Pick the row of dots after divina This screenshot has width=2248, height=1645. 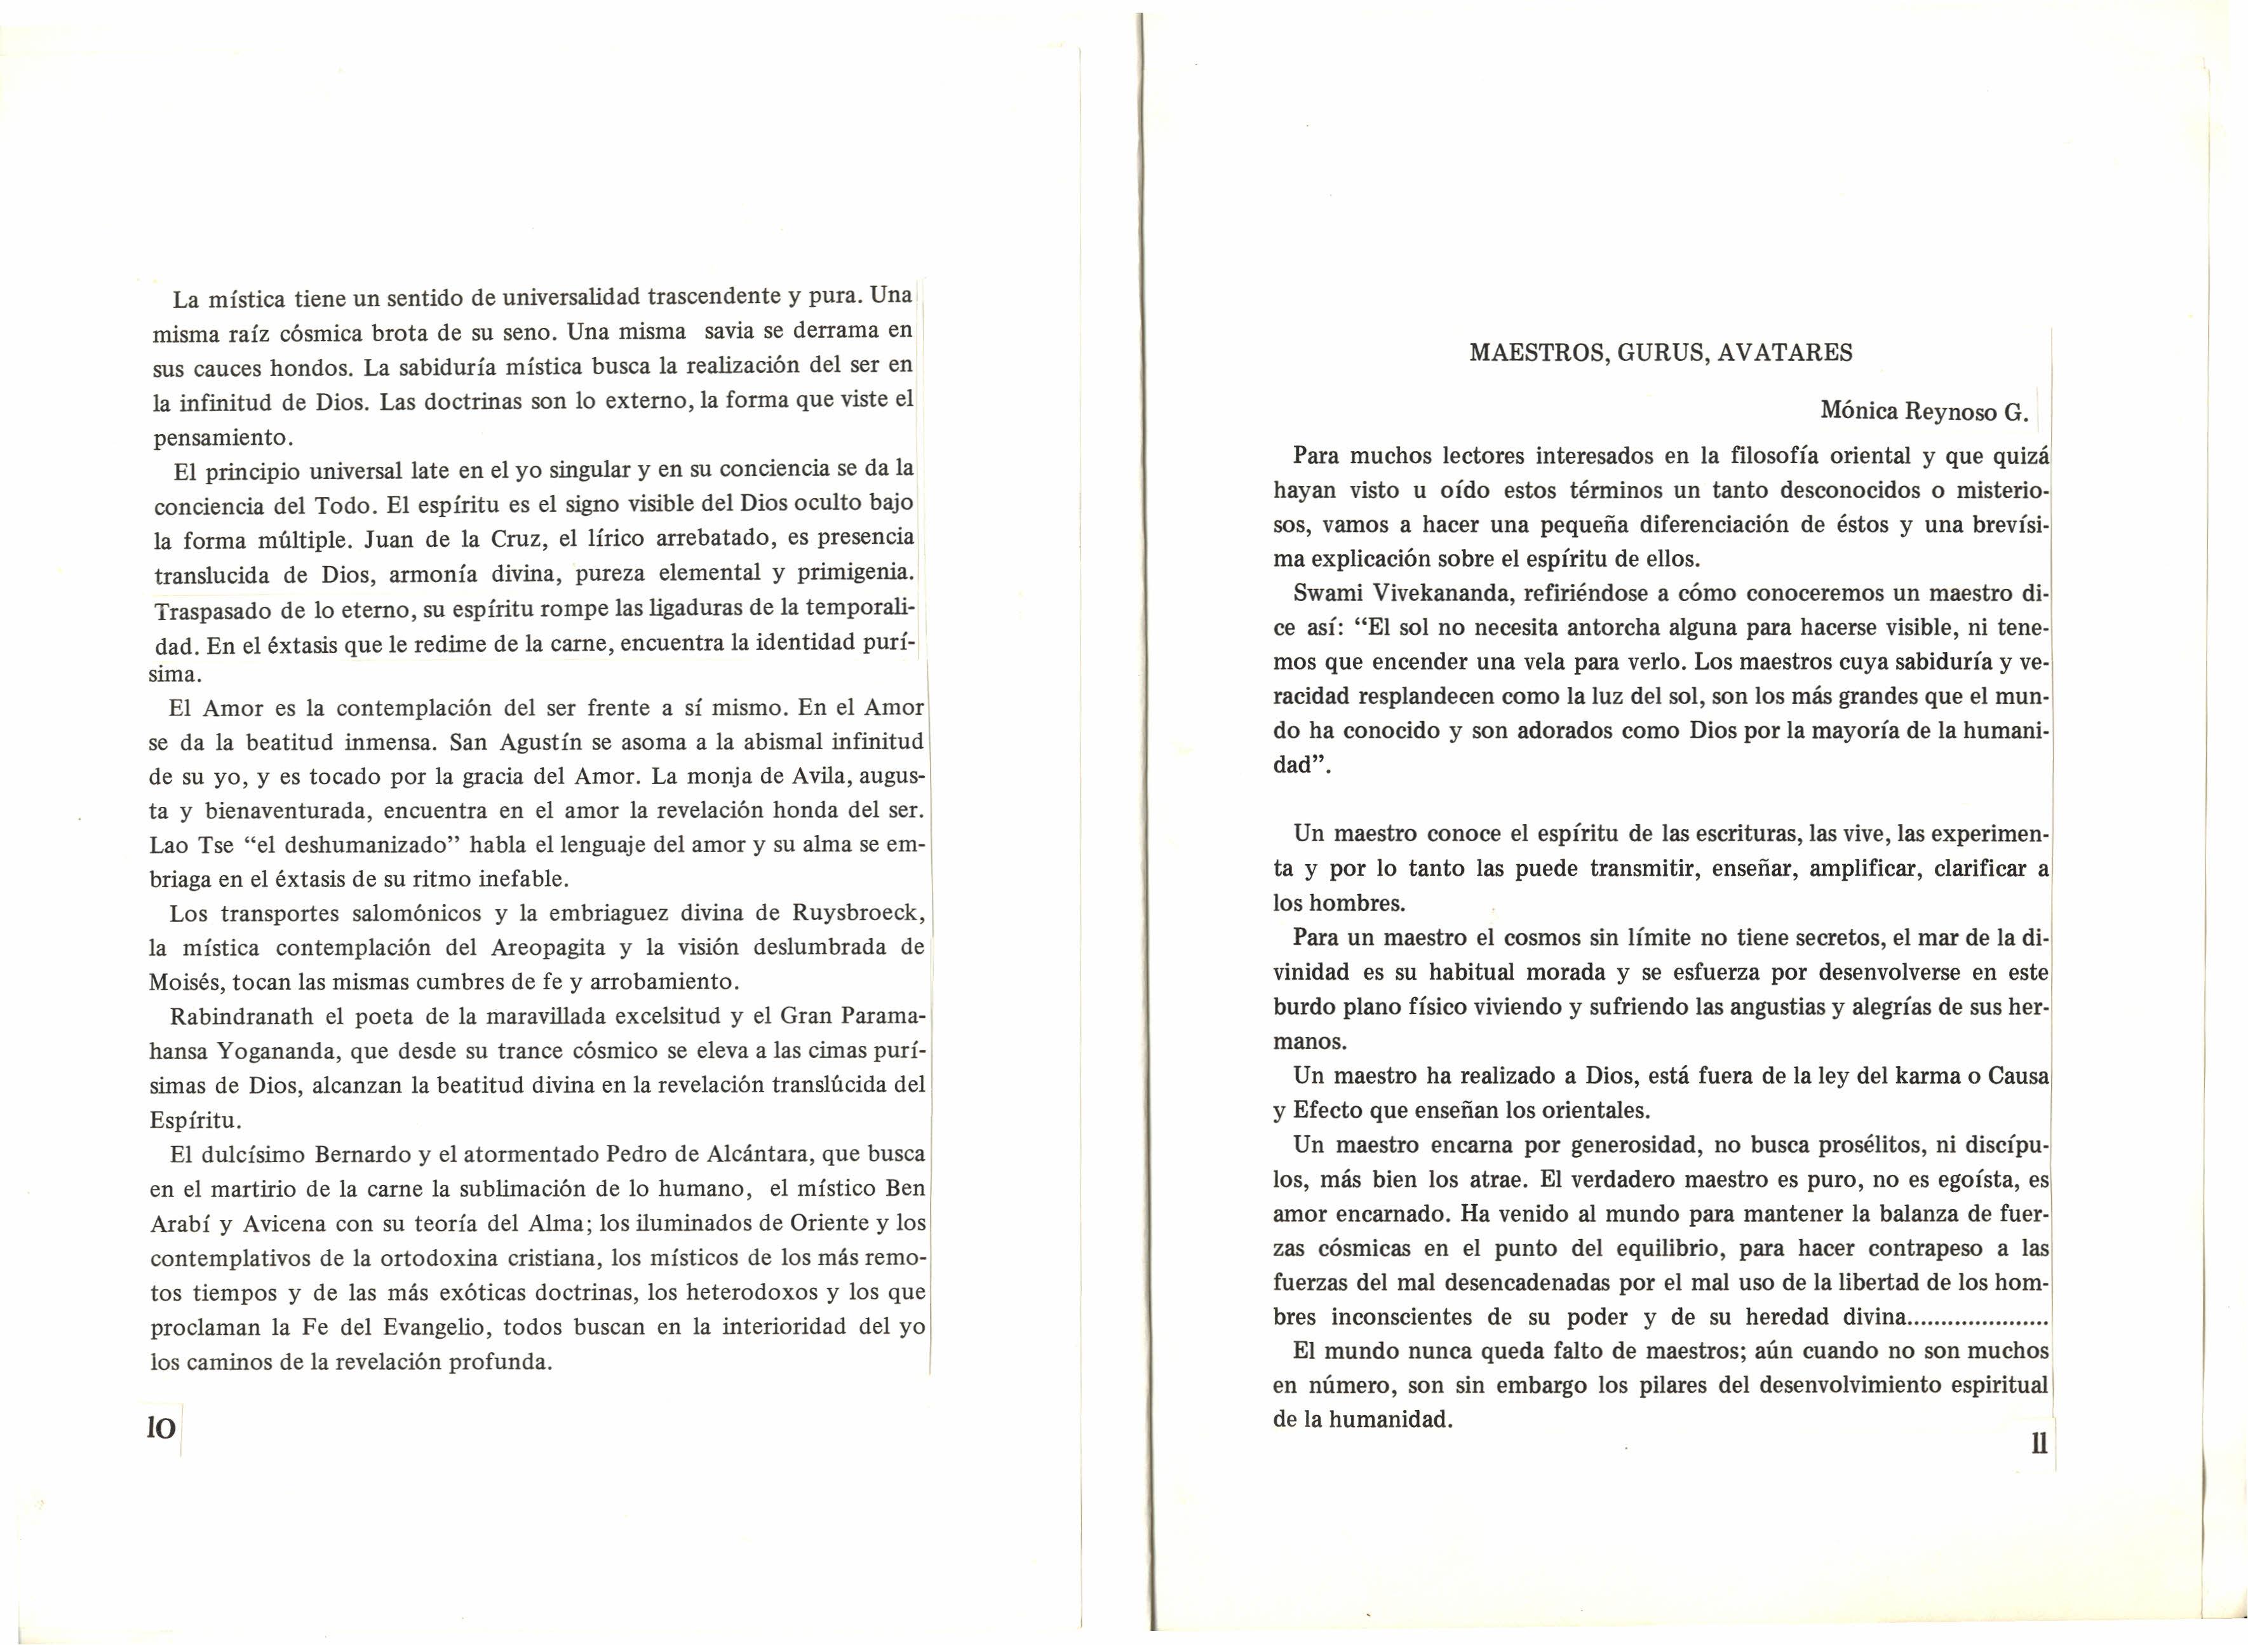pos(1977,1318)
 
